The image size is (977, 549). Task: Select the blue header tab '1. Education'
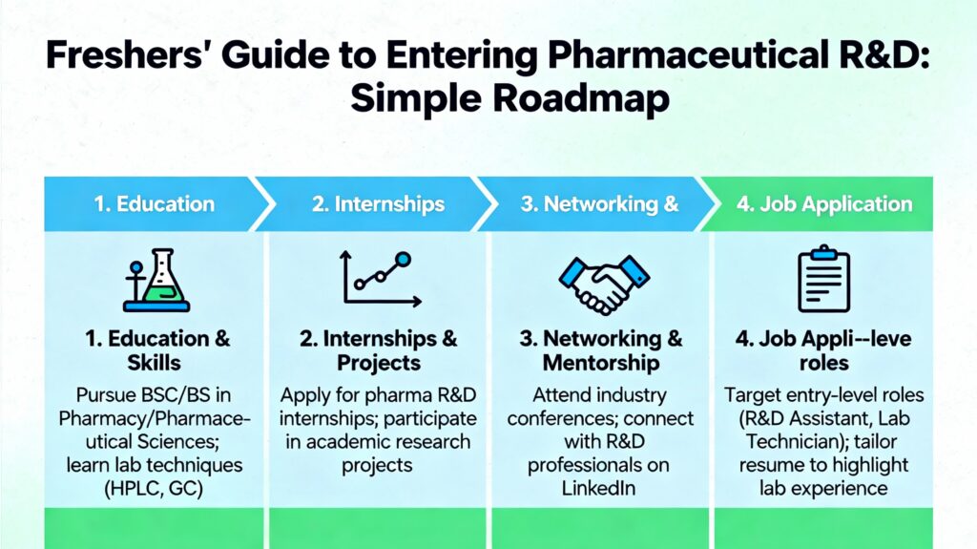pyautogui.click(x=154, y=203)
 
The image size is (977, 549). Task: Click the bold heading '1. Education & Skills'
pyautogui.click(x=155, y=350)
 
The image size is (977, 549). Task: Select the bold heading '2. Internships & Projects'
pyautogui.click(x=379, y=350)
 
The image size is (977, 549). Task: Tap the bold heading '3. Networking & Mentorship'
pyautogui.click(x=601, y=350)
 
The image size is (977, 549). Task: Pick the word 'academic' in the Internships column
pyautogui.click(x=350, y=442)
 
